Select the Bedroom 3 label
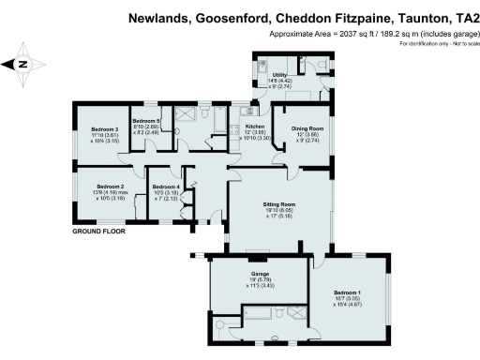103,128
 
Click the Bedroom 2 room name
110,187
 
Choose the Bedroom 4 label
165,187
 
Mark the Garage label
259,272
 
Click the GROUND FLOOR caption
99,231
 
